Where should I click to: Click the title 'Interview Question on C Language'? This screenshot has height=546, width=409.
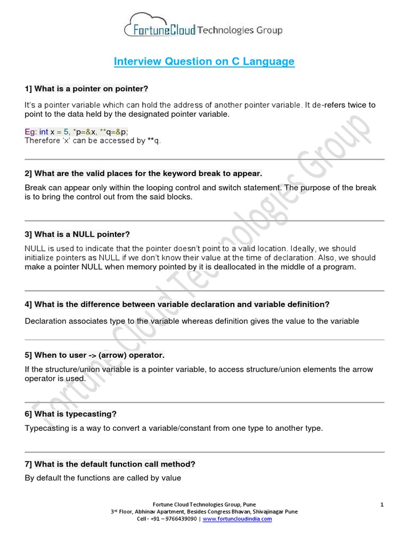click(204, 61)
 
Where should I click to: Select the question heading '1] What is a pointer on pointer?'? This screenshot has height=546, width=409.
click(86, 88)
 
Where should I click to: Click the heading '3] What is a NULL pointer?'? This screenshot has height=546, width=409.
click(77, 234)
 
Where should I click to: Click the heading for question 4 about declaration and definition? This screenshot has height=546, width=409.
click(177, 304)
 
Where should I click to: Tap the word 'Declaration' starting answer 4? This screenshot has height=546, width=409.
click(47, 321)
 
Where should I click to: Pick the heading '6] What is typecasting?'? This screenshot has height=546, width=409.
click(71, 414)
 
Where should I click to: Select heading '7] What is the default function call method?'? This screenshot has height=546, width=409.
click(110, 464)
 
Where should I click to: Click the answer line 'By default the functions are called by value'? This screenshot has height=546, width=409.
click(103, 478)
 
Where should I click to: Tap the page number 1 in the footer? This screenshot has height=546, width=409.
click(382, 504)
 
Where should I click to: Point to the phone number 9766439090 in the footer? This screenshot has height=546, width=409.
click(180, 519)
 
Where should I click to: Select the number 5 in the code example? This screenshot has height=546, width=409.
click(67, 132)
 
